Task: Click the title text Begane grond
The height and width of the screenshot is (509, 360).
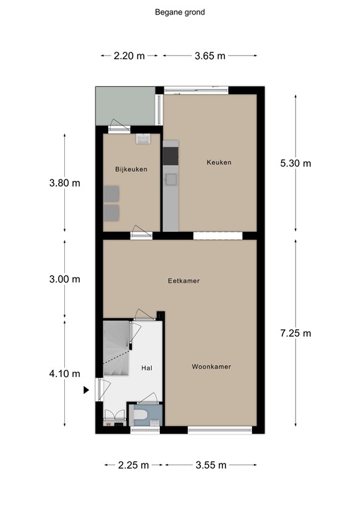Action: pos(180,11)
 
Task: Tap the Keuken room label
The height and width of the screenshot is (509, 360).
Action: pos(219,162)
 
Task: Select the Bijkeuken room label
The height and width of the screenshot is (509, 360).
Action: pos(131,169)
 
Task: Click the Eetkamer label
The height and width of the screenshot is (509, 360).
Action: pos(184,281)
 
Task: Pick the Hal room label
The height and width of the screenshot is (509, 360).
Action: pos(147,367)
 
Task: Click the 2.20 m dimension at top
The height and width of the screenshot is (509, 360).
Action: pos(129,56)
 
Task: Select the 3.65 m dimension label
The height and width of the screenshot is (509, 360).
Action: pos(210,56)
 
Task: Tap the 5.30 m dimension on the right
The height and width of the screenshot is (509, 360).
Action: pos(296,164)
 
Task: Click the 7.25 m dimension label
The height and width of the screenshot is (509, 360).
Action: pos(296,333)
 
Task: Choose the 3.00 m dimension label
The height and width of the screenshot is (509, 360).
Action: pos(65,279)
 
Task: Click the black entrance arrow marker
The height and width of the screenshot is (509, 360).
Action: pos(86,390)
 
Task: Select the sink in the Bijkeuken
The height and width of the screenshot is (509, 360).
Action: pos(143,139)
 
